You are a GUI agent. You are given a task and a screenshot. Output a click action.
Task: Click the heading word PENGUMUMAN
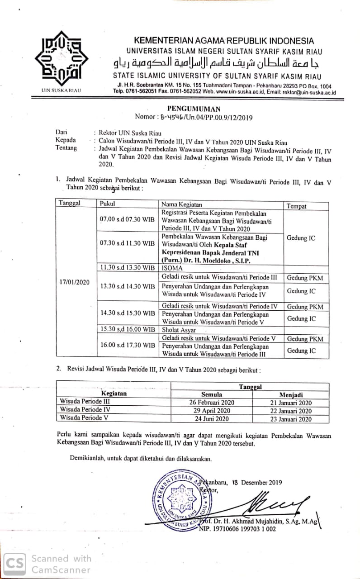(x=194, y=109)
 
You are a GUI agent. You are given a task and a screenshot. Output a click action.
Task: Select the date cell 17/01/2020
(x=75, y=282)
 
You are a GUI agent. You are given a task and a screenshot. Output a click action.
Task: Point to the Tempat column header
(x=297, y=206)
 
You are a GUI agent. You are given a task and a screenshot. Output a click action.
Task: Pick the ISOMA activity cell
(x=172, y=267)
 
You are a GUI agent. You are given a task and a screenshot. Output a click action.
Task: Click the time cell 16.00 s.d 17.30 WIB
(x=128, y=345)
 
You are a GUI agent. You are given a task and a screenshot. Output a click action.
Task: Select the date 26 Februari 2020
(x=212, y=403)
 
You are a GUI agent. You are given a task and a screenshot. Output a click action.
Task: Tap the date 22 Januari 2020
(x=290, y=411)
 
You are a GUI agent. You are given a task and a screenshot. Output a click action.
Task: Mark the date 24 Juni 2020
(x=212, y=419)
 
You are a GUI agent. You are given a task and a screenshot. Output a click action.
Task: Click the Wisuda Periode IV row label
(x=85, y=409)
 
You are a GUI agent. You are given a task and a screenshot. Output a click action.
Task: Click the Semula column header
(x=212, y=394)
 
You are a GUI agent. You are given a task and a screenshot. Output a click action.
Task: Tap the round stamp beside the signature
(x=181, y=500)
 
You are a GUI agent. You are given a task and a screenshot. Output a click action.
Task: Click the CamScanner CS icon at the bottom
(x=15, y=564)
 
